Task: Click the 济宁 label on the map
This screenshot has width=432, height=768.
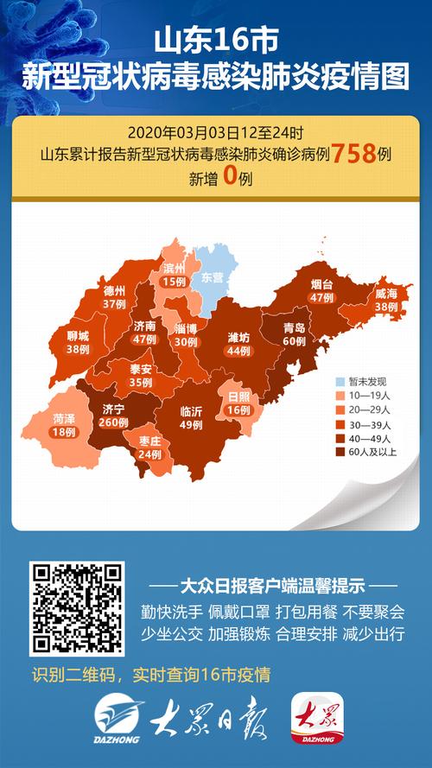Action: click(x=112, y=408)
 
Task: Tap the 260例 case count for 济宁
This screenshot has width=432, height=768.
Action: click(x=112, y=422)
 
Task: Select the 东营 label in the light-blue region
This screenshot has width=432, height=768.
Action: click(x=213, y=278)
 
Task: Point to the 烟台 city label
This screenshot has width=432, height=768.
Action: click(x=321, y=283)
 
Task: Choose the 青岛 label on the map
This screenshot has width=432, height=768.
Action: click(x=295, y=327)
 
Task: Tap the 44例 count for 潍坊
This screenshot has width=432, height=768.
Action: click(x=238, y=350)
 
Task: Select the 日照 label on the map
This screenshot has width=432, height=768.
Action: click(x=238, y=396)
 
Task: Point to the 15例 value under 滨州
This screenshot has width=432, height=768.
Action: click(x=174, y=282)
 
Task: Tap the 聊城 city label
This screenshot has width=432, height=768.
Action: click(x=78, y=337)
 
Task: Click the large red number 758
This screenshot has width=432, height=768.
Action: click(x=353, y=155)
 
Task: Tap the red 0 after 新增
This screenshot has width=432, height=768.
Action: click(x=229, y=178)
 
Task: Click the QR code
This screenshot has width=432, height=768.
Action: click(x=77, y=607)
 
